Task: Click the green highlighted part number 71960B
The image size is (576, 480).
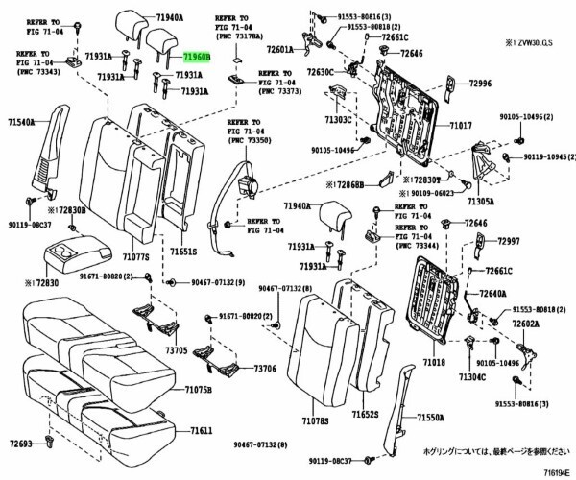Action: [x=197, y=58]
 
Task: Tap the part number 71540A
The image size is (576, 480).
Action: [x=22, y=122]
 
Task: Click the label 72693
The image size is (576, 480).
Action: [x=21, y=444]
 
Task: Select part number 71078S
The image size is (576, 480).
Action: [x=316, y=420]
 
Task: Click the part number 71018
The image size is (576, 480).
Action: [x=434, y=363]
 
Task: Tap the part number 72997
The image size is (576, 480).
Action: [x=509, y=241]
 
